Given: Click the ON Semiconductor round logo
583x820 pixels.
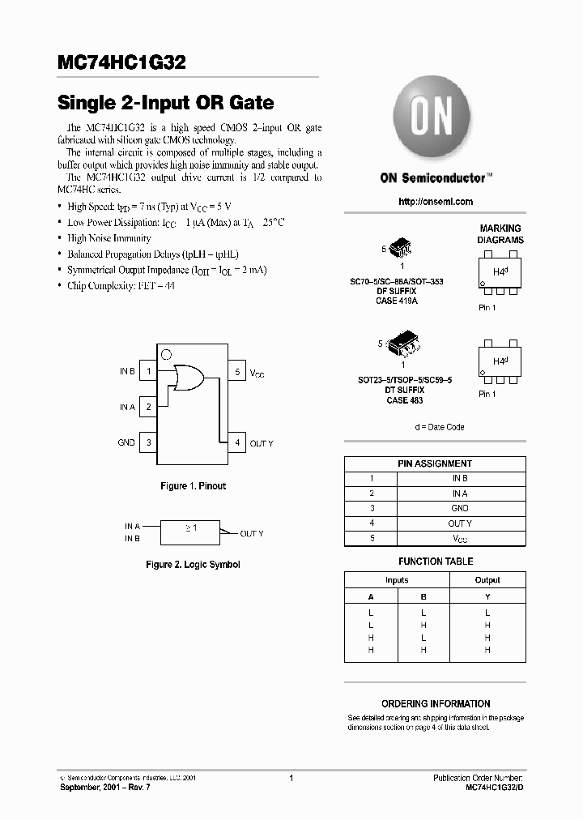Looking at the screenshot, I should [432, 118].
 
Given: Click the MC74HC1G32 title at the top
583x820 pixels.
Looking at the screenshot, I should [125, 62].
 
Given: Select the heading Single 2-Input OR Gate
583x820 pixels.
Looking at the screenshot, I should [165, 104].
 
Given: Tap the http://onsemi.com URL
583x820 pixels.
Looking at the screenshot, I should [436, 202].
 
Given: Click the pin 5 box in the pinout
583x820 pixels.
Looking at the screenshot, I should [237, 372].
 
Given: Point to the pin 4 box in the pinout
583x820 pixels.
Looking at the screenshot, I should [237, 443].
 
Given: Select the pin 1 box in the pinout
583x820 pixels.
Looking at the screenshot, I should [148, 372].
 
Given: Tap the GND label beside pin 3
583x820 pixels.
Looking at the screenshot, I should [126, 443].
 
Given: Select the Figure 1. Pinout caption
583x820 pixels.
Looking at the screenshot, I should [193, 486].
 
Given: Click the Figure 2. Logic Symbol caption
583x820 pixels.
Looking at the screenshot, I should [193, 565].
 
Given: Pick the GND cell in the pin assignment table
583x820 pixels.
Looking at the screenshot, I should [460, 508].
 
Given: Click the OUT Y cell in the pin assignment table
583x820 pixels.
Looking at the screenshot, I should [460, 523].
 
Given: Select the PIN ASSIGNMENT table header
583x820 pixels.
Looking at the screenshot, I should [435, 463].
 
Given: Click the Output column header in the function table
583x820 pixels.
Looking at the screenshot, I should [487, 580].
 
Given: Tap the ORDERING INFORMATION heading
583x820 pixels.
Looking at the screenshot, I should [436, 704].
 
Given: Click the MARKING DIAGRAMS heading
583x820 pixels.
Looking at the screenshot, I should [500, 234].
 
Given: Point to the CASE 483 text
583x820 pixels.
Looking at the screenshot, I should [404, 400].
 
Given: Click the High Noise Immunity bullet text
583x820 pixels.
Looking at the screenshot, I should [109, 238].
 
